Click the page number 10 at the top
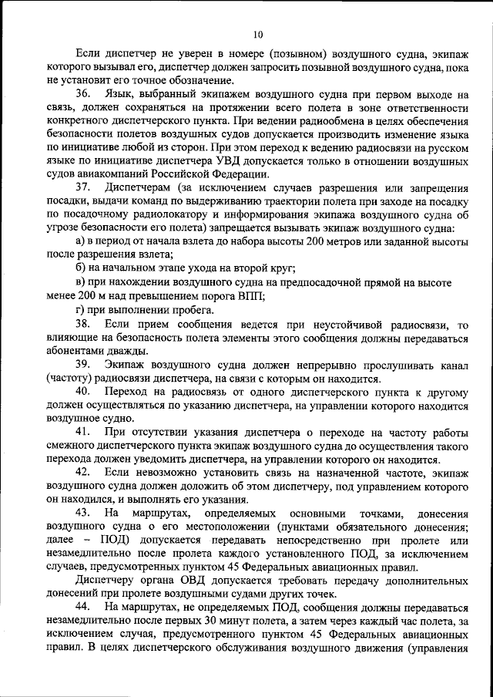click(x=257, y=34)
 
